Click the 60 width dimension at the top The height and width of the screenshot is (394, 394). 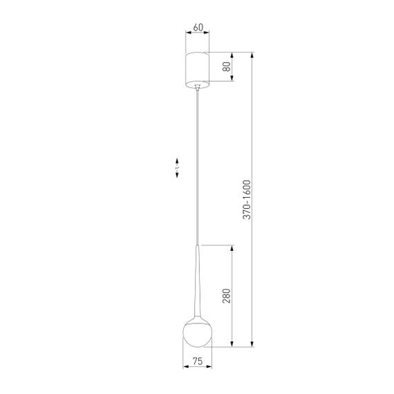198,28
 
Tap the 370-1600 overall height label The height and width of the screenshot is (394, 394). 247,200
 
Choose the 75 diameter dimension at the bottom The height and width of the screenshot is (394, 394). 198,361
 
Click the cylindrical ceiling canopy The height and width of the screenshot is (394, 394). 198,68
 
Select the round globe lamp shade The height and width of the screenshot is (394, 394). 198,332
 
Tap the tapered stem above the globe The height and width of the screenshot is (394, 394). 198,276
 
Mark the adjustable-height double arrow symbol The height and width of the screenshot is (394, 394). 178,168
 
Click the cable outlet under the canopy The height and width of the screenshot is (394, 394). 198,86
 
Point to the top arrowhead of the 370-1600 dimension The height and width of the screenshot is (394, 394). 253,55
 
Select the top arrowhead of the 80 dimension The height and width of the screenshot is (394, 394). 232,55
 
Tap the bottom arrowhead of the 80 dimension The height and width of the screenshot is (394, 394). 232,79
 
